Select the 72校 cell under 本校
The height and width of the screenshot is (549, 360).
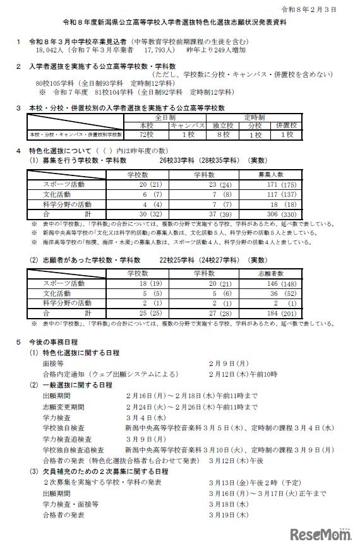146,135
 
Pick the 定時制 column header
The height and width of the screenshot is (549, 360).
267,117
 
